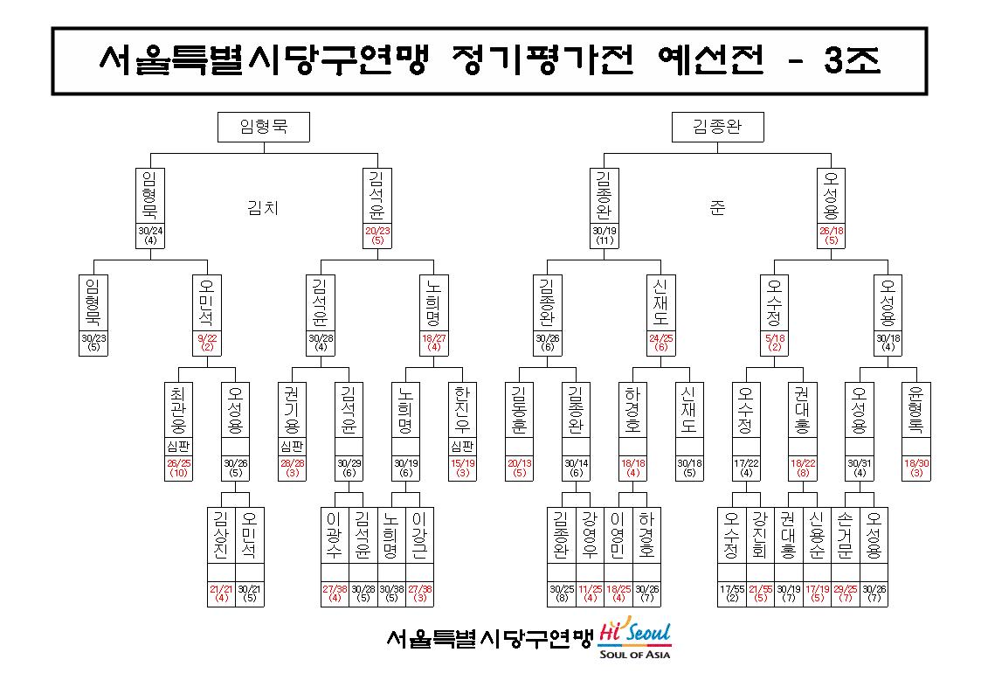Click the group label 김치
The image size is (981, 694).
(x=263, y=207)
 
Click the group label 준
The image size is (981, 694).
(x=717, y=207)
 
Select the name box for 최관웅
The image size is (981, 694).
(x=178, y=410)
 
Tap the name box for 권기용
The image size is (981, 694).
(x=292, y=410)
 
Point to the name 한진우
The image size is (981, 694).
(x=462, y=410)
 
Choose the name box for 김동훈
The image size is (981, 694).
(x=519, y=410)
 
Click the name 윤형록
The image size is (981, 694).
(x=916, y=410)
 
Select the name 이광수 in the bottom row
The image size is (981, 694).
(x=335, y=535)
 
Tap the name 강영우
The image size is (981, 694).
(x=590, y=535)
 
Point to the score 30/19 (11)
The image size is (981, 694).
(x=604, y=235)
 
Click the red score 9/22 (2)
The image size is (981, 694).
(x=207, y=343)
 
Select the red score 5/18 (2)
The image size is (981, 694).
(x=775, y=343)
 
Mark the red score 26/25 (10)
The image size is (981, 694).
(x=178, y=468)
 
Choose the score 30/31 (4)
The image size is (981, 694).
(x=860, y=468)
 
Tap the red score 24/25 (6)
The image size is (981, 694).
(x=661, y=343)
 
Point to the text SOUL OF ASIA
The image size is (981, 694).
(x=634, y=655)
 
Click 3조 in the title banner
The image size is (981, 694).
(x=852, y=60)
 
